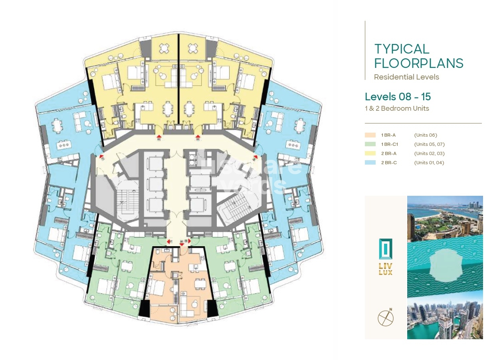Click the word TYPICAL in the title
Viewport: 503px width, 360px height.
click(x=402, y=49)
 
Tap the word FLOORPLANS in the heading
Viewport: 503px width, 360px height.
click(x=419, y=64)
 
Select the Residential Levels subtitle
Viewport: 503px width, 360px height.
click(x=406, y=77)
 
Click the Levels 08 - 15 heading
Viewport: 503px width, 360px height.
click(x=398, y=97)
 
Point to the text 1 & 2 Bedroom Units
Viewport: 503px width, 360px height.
click(x=397, y=108)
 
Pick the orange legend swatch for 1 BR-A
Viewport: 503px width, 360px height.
click(x=370, y=135)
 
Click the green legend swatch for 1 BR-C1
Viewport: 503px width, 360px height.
click(x=370, y=144)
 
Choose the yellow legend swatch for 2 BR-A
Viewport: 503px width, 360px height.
click(x=370, y=153)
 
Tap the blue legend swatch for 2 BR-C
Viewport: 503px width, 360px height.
click(x=370, y=163)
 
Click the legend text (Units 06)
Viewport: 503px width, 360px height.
click(x=426, y=135)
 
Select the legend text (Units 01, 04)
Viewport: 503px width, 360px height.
click(x=429, y=163)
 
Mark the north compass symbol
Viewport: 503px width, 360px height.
click(x=386, y=318)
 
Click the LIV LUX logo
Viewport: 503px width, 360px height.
click(x=386, y=256)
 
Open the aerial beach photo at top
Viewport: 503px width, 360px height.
click(x=445, y=219)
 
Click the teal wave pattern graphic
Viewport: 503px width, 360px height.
click(x=445, y=266)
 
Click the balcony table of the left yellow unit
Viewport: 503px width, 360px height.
click(x=164, y=48)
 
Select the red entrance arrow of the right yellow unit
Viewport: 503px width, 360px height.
click(x=198, y=138)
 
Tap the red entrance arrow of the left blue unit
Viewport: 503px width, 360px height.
click(x=101, y=157)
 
